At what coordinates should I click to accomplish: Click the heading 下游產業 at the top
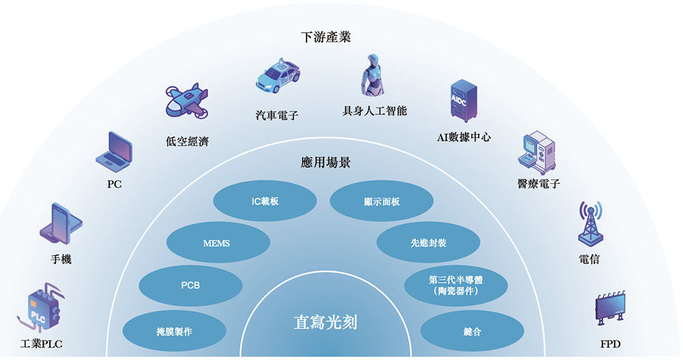tap(326, 37)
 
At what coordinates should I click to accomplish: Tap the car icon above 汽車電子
tap(277, 76)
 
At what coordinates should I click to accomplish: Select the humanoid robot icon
tap(374, 74)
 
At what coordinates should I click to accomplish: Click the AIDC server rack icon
tap(462, 102)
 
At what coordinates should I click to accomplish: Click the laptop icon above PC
tap(114, 152)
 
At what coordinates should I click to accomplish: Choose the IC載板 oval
tap(265, 202)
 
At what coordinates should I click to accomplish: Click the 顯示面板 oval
tap(382, 202)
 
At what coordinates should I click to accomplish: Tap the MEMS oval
tap(217, 243)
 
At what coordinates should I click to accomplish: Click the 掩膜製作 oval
tap(174, 331)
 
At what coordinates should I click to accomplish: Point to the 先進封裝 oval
tap(429, 243)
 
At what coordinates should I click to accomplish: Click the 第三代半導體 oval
tap(456, 285)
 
